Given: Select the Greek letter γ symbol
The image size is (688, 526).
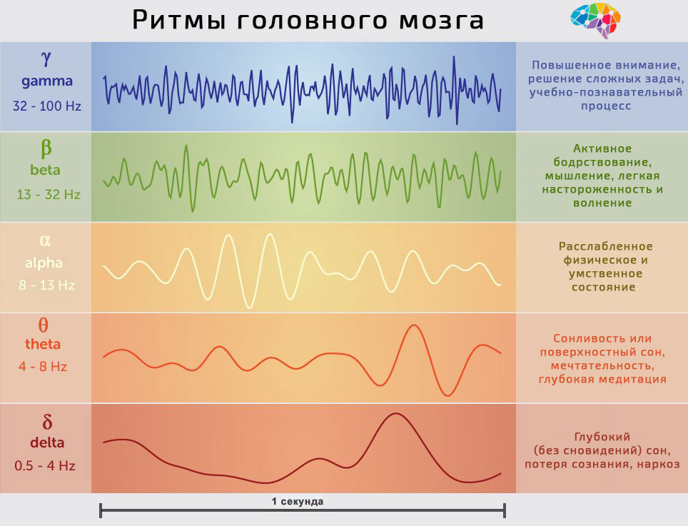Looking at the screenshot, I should pyautogui.click(x=46, y=58).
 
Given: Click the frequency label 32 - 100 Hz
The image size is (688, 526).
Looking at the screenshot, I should pyautogui.click(x=47, y=106).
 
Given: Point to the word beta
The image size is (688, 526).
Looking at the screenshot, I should pyautogui.click(x=46, y=171).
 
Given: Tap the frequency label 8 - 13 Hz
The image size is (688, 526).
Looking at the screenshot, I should pyautogui.click(x=46, y=285).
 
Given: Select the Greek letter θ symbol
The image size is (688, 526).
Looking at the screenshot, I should pyautogui.click(x=44, y=324).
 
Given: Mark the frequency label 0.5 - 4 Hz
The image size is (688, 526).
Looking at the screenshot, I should pyautogui.click(x=45, y=466).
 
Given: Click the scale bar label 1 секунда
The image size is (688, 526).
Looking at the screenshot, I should pyautogui.click(x=297, y=501).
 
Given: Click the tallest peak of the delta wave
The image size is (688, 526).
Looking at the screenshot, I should pyautogui.click(x=394, y=414).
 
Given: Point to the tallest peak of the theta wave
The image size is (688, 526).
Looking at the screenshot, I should pyautogui.click(x=413, y=326).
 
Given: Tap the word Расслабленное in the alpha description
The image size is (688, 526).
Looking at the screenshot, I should pyautogui.click(x=605, y=246).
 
